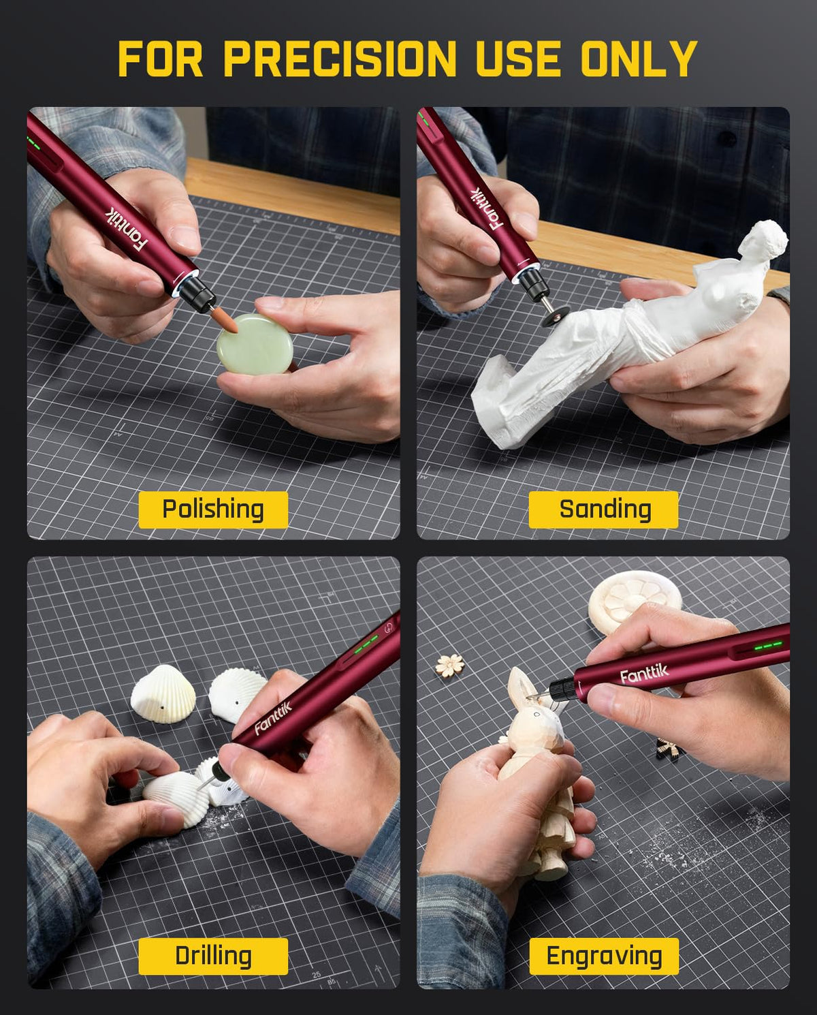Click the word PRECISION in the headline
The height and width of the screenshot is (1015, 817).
[x=340, y=59]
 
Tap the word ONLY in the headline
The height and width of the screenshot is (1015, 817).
[x=639, y=59]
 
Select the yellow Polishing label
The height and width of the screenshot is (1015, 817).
[x=213, y=510]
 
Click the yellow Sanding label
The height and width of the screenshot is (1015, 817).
[x=603, y=510]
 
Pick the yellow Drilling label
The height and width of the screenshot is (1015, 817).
[x=213, y=956]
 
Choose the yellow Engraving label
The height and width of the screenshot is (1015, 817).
[x=604, y=956]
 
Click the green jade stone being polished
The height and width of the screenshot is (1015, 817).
[x=255, y=344]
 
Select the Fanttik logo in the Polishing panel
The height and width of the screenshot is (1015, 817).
[x=126, y=232]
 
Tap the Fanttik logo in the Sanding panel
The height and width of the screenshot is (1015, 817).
[x=487, y=209]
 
